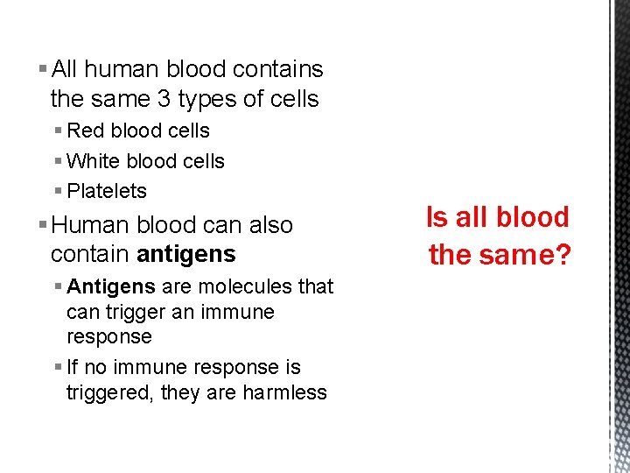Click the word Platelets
tap(107, 191)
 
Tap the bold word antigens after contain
tap(186, 255)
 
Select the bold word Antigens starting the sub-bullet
tap(111, 286)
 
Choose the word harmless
tap(284, 392)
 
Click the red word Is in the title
tap(437, 217)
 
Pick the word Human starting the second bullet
tap(89, 225)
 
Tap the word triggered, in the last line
tap(109, 392)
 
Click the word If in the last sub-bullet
tap(73, 367)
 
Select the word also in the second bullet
tap(270, 225)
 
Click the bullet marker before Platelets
tap(58, 191)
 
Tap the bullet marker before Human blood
tap(44, 225)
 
